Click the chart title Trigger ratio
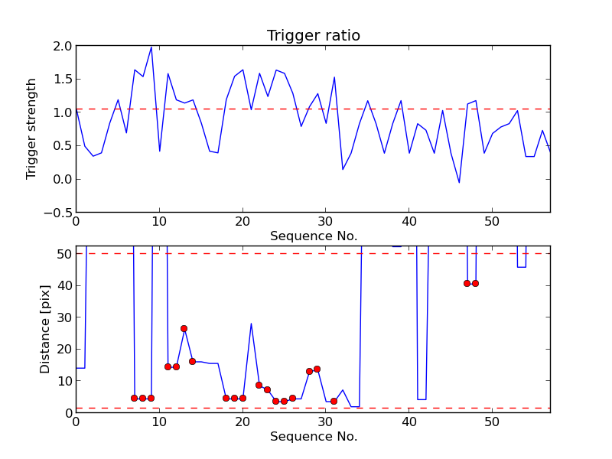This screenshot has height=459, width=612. (x=314, y=35)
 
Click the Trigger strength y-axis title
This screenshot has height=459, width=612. (x=31, y=129)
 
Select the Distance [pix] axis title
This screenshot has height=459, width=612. (x=44, y=330)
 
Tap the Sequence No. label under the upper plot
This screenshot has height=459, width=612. (x=314, y=236)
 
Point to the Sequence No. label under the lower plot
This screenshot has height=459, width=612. (x=314, y=436)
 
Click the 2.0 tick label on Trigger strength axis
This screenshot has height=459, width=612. (x=63, y=46)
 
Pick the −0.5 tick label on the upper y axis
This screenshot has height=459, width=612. (x=58, y=213)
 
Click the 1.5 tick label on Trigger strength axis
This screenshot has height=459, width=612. (x=63, y=80)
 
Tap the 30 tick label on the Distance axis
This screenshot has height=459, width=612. (x=65, y=317)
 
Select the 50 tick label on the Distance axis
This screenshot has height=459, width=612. (x=65, y=254)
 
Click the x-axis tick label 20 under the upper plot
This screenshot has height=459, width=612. (x=243, y=222)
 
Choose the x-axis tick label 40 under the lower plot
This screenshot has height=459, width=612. (x=409, y=422)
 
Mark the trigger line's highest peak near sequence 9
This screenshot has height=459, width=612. (x=151, y=47)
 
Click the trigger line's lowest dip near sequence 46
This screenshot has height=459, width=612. (x=459, y=182)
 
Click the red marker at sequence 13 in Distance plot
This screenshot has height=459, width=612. (x=184, y=329)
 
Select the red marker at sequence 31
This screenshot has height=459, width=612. (x=334, y=401)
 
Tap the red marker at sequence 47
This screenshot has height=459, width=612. (x=467, y=283)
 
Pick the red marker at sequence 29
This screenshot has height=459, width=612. (x=317, y=369)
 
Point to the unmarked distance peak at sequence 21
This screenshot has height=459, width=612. (x=251, y=324)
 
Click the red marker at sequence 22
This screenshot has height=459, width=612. (x=259, y=386)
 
